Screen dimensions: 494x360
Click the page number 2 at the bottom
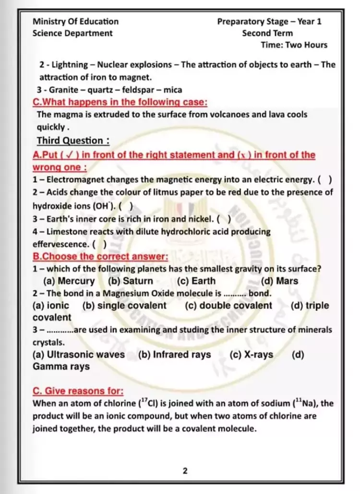185,470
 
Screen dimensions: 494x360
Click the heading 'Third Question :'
73,141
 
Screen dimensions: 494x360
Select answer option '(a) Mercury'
69,281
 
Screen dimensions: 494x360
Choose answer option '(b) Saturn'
131,281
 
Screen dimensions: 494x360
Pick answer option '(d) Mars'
280,281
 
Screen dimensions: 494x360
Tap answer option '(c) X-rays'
252,355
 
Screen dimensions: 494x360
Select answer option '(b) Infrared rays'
174,355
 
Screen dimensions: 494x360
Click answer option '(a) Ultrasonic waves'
79,355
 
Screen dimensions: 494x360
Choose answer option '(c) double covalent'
228,306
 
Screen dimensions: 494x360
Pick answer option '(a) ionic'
51,306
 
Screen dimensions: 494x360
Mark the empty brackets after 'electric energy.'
325,180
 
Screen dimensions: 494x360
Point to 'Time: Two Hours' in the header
294,45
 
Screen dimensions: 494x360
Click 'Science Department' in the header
72,33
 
